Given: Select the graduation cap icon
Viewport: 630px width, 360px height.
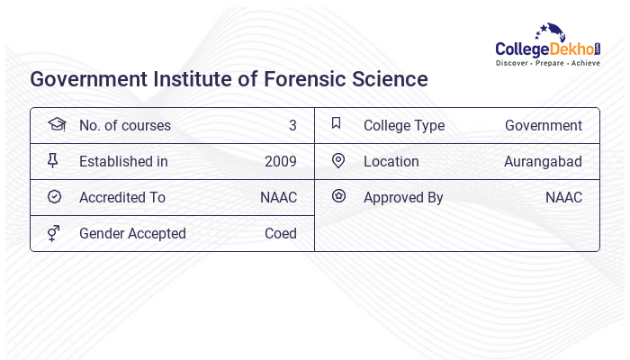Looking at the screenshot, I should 56,125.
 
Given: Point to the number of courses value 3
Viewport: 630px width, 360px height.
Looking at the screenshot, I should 292,126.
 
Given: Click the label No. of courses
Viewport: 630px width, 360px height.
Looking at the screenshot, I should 125,126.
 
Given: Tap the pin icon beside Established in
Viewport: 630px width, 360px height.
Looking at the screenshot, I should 53,161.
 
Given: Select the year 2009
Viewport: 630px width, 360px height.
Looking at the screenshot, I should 281,162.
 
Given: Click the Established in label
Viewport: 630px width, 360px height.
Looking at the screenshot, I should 123,162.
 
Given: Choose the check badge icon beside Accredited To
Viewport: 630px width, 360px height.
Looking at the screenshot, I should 54,197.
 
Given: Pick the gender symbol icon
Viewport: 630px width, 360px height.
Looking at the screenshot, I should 54,233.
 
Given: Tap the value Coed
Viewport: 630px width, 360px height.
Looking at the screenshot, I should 281,234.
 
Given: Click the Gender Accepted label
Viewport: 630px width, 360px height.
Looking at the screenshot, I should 132,234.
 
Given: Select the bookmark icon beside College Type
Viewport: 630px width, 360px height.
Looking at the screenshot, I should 337,124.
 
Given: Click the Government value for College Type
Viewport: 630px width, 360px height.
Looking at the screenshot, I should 544,126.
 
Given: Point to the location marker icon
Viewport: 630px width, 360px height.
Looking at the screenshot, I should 337,161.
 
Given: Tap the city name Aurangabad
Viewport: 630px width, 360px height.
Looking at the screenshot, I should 543,162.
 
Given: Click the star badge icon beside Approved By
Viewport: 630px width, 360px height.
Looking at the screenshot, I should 338,196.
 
